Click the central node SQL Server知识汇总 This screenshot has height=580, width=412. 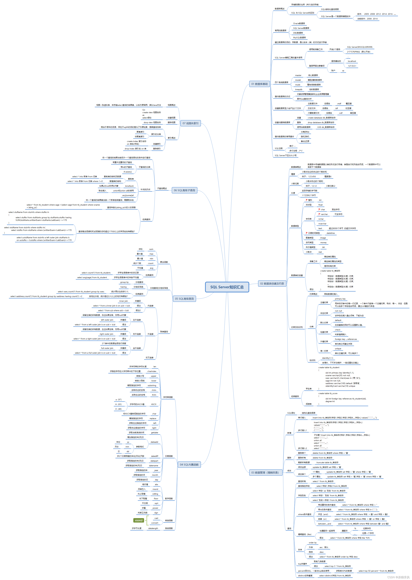tap(227, 287)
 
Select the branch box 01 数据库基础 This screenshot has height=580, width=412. tap(259, 84)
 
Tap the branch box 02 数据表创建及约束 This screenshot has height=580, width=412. tap(272, 283)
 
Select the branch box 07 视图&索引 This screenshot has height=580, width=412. tap(190, 123)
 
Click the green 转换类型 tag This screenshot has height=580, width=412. tap(138, 520)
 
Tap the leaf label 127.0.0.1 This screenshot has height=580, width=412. tap(352, 66)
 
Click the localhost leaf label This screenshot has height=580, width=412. tap(352, 61)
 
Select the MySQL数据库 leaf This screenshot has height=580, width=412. tap(299, 38)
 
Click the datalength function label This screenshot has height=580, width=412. tap(153, 528)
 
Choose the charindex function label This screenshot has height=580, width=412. tap(152, 371)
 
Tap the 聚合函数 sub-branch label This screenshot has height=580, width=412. tap(164, 262)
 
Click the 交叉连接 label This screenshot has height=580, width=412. tap(149, 358)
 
